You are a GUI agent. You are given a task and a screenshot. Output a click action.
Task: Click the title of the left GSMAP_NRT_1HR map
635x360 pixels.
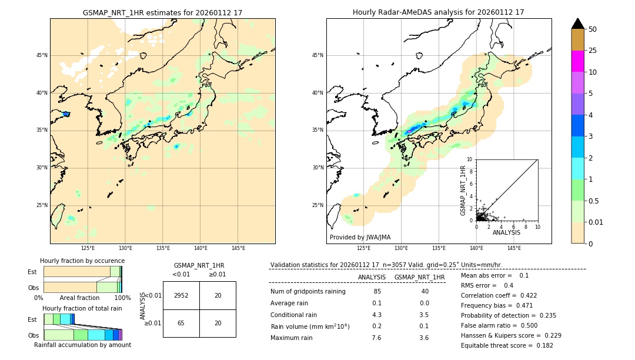pos(162,12)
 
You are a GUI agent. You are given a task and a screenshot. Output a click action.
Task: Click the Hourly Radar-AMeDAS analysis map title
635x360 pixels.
pos(438,12)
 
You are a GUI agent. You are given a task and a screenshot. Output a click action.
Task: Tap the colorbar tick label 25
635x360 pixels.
pos(593,51)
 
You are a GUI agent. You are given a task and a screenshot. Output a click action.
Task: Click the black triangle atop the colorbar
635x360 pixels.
pos(578,24)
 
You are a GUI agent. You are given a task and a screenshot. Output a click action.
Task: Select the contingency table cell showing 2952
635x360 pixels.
pos(181,295)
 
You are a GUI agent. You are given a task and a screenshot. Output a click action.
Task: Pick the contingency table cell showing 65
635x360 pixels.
pos(181,324)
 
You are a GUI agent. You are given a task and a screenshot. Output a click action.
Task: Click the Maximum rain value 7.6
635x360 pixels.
pos(377,338)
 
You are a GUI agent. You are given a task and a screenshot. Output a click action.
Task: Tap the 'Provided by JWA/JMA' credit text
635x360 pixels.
pos(360,237)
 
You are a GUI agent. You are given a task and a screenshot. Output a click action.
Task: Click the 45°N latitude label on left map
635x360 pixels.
pos(42,55)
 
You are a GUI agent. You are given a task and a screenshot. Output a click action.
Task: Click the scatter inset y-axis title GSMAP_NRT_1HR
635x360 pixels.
pos(463,190)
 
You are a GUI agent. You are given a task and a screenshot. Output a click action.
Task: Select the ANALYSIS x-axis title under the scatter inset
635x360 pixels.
pos(506,232)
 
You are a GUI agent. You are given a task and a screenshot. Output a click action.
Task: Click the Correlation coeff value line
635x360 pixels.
pos(499,296)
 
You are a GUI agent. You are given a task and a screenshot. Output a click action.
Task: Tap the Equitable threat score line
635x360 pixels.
pos(499,345)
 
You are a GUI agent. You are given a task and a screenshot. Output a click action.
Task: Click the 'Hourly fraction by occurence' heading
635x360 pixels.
pos(82,261)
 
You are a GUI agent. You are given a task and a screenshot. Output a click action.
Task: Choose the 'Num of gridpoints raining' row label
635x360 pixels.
pos(308,292)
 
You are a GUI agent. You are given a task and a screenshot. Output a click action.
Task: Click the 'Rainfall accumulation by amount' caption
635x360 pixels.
pos(82,345)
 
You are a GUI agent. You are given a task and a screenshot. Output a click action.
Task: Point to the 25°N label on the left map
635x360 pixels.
pos(42,205)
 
